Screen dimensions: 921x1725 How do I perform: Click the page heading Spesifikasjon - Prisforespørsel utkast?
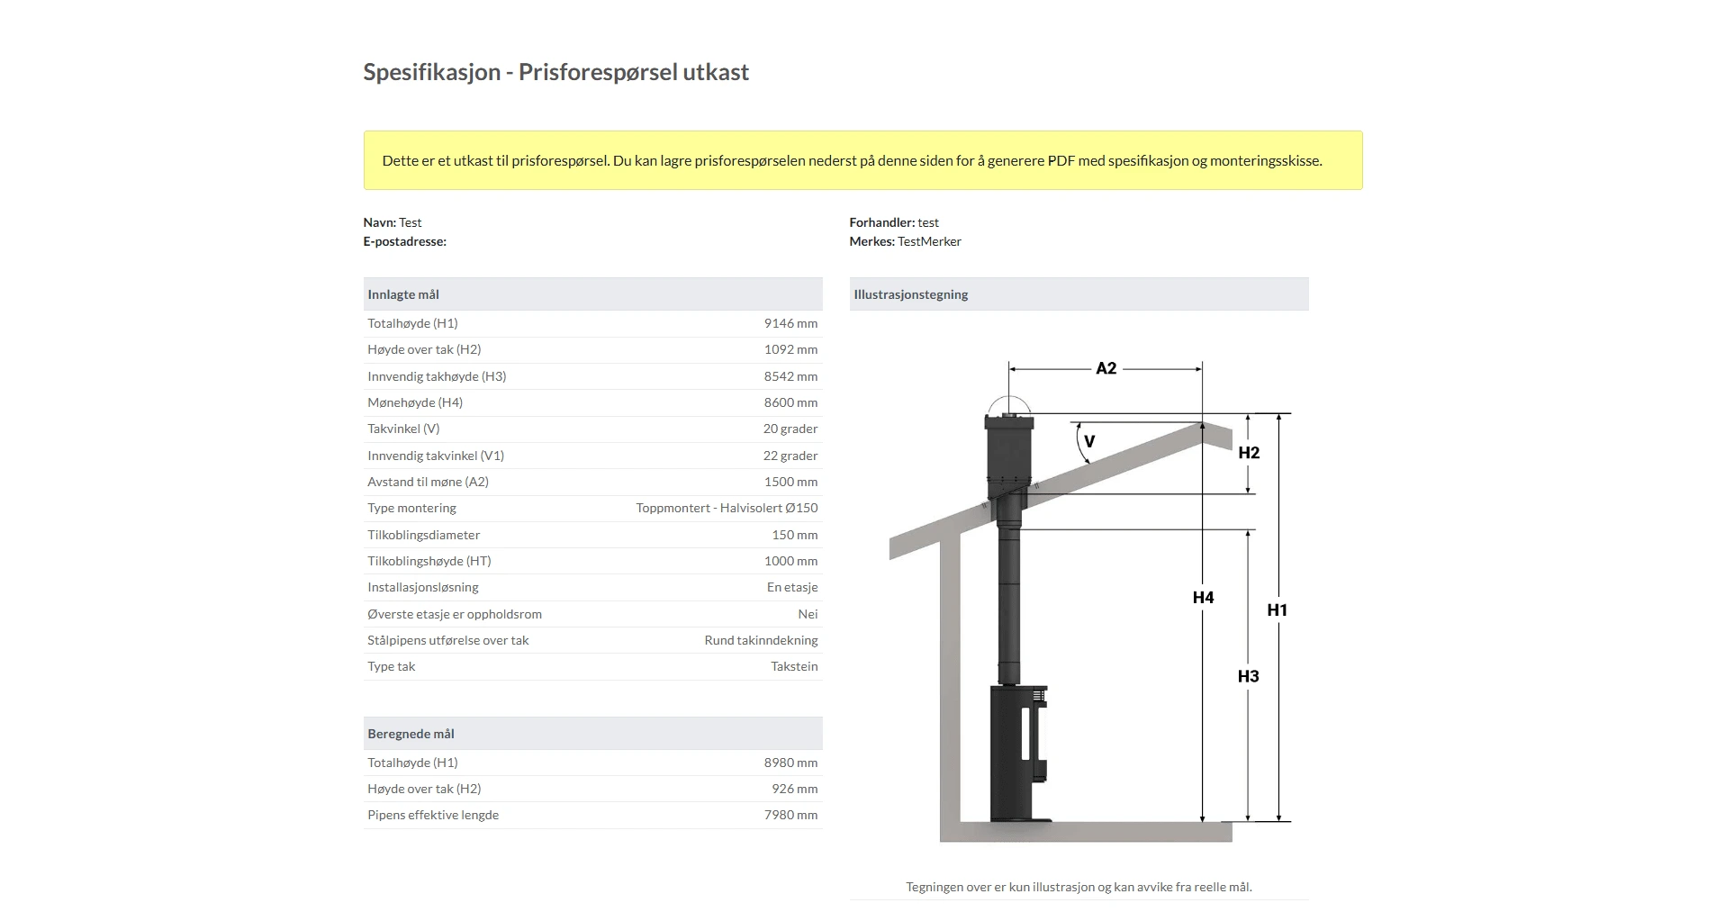[555, 72]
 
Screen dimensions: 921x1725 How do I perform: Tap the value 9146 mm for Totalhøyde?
[790, 323]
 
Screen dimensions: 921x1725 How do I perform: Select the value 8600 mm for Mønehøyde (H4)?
[790, 402]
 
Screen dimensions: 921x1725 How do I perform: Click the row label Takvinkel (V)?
[403, 429]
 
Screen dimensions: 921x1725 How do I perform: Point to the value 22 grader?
[790, 456]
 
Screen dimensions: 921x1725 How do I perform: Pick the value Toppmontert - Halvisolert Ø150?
[727, 508]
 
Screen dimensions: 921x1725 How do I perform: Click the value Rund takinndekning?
[761, 640]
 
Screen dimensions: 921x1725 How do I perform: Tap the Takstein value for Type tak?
[794, 666]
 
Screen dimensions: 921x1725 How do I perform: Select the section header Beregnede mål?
[411, 734]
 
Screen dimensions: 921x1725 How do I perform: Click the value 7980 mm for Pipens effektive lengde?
[790, 815]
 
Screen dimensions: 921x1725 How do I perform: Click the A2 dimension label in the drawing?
[1106, 368]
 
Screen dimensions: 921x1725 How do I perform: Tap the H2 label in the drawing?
[1249, 453]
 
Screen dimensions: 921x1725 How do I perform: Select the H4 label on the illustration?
[1203, 597]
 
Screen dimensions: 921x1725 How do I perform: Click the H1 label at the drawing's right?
[1277, 609]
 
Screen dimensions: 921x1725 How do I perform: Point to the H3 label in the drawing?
[1248, 676]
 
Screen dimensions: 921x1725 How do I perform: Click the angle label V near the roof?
[1089, 441]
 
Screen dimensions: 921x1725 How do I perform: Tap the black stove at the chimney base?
[1019, 752]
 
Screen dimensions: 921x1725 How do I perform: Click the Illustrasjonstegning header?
[910, 294]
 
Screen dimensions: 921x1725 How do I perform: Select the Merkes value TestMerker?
[929, 241]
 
